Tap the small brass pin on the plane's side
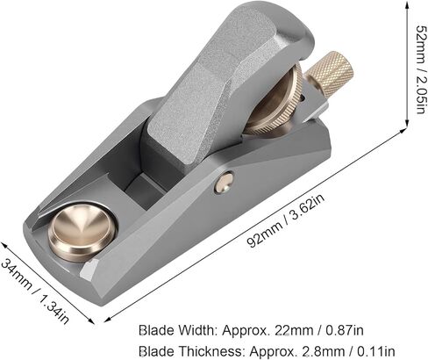point(225,183)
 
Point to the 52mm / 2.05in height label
point(420,69)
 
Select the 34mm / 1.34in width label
point(35,292)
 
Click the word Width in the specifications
point(196,330)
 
